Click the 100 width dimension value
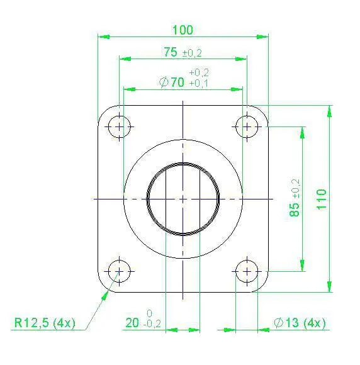(183, 30)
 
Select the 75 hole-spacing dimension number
(171, 52)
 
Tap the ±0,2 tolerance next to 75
(192, 53)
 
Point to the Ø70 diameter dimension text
(172, 82)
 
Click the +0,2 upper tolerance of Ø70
(199, 72)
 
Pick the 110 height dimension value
(322, 199)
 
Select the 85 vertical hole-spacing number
(295, 210)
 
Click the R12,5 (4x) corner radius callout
(45, 323)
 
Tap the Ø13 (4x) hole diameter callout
(300, 323)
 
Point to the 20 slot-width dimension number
(132, 323)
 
